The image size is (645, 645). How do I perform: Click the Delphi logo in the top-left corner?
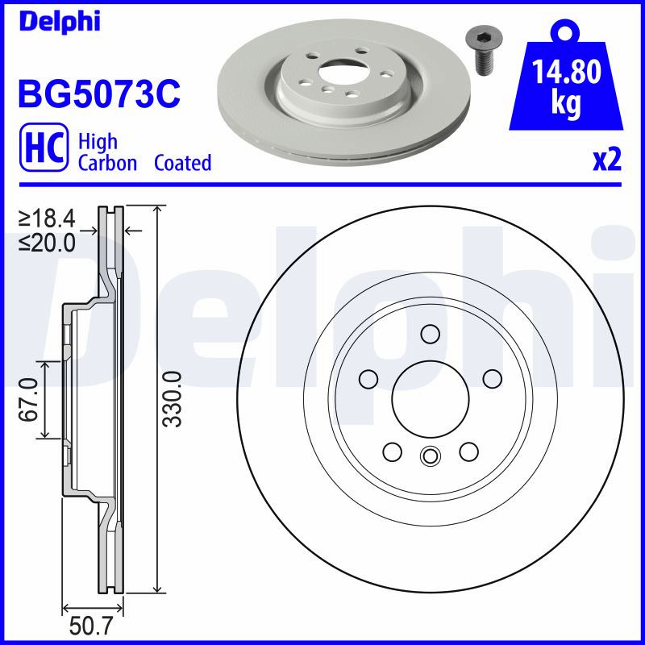(x=60, y=23)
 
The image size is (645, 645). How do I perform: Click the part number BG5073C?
(x=98, y=94)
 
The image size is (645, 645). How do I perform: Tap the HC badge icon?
(x=44, y=147)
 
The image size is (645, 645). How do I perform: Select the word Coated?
(x=183, y=163)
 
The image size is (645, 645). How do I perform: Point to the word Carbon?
(x=107, y=164)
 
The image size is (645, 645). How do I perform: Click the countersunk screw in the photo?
(x=480, y=52)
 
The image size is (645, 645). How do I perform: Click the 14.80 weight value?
(x=566, y=72)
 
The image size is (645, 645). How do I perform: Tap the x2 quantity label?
(x=606, y=160)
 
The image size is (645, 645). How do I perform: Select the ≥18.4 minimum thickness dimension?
(x=47, y=218)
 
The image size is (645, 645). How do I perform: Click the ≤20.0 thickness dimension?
(x=47, y=243)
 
